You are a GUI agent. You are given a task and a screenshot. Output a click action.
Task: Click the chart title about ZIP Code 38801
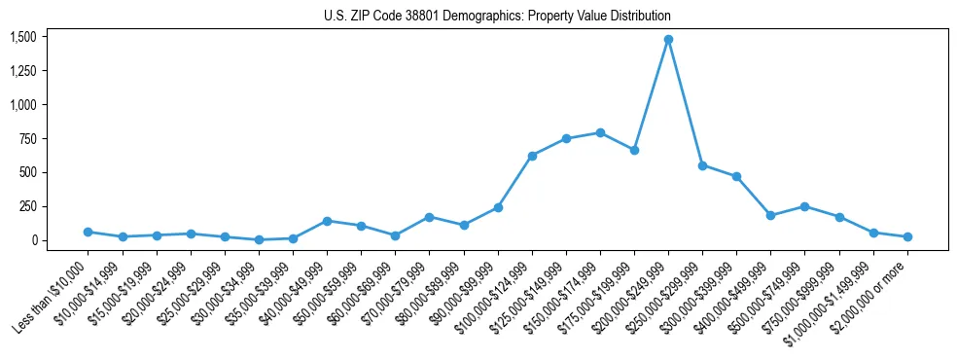497,17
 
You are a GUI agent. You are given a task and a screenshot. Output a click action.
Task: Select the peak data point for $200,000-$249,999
668,40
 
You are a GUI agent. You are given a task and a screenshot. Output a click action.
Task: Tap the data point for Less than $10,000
88,232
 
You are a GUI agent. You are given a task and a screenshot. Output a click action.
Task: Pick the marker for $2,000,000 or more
907,236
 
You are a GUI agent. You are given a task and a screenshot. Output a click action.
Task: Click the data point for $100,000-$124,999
532,156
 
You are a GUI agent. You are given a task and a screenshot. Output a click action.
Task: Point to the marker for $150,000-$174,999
600,132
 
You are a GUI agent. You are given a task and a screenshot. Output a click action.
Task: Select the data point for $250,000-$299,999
702,165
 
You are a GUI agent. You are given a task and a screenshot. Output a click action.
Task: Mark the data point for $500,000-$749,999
804,206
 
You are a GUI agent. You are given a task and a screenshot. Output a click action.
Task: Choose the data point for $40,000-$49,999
327,221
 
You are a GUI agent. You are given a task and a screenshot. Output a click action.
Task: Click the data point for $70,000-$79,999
429,217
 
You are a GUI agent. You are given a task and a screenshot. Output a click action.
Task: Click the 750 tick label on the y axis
28,138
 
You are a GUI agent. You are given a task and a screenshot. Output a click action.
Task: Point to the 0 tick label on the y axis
34,240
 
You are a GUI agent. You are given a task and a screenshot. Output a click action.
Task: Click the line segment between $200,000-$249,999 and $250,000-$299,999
685,102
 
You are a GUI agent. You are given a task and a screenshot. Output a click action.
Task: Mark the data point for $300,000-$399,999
736,177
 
